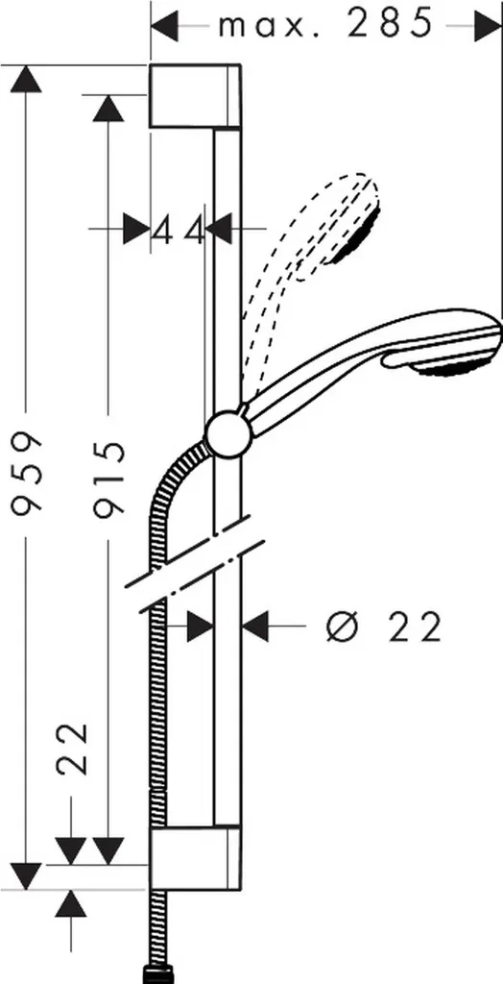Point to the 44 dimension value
179,229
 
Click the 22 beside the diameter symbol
414,627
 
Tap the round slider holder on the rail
228,434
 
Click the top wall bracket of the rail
195,96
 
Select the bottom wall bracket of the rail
195,858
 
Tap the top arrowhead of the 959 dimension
26,79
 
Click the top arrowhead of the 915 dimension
108,109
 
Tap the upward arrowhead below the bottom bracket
70,903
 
